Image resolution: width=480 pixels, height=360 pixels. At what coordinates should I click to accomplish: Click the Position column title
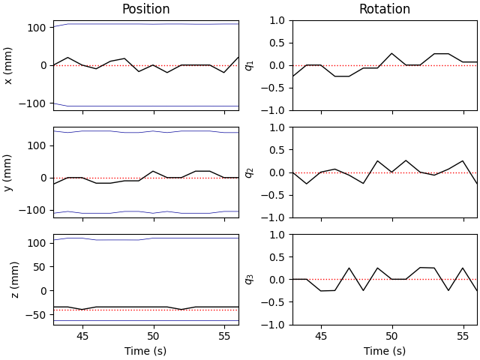tap(145, 9)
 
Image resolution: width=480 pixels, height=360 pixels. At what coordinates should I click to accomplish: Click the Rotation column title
tap(384, 9)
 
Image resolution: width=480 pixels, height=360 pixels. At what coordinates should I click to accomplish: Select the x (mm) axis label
tap(9, 65)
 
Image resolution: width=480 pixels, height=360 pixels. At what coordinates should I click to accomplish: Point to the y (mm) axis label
tap(9, 172)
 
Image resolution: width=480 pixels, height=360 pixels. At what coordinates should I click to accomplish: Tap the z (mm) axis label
tap(14, 280)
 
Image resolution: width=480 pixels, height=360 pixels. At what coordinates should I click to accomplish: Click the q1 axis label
tap(249, 65)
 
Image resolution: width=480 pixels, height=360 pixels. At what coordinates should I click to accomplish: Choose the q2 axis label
tap(249, 172)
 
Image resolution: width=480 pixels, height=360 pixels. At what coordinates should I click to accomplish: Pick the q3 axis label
tap(249, 280)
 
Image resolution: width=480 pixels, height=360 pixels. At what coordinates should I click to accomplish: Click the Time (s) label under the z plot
tap(145, 351)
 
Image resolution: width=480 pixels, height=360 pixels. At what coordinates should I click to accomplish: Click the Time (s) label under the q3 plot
tap(384, 351)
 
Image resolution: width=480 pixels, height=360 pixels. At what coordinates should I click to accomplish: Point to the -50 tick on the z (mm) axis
tap(37, 315)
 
